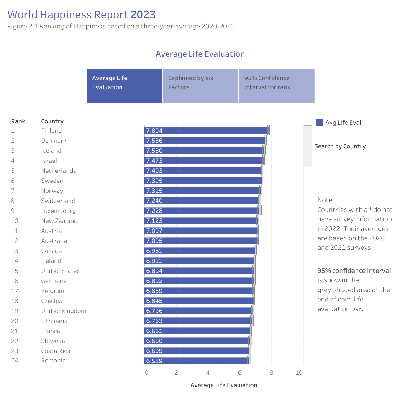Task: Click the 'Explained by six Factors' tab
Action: point(201,86)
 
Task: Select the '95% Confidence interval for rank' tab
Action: point(277,86)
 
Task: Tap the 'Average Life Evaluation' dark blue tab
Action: point(125,86)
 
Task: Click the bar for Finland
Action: point(206,130)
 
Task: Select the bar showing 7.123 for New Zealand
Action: point(201,220)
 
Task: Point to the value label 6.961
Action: point(154,250)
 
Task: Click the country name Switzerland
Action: point(58,201)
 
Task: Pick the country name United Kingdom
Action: point(64,311)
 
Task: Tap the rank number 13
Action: point(14,251)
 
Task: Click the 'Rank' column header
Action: point(18,121)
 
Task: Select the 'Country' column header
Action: point(52,121)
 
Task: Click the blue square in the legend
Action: point(320,122)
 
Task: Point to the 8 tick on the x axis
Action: point(271,372)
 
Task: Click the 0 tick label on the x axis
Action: point(146,372)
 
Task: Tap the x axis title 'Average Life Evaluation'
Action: point(224,385)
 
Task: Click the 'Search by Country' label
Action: point(340,146)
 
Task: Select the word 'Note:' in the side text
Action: point(326,200)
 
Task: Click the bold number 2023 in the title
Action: point(143,14)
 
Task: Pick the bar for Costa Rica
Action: point(197,351)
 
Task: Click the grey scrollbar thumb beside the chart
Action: point(308,146)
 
